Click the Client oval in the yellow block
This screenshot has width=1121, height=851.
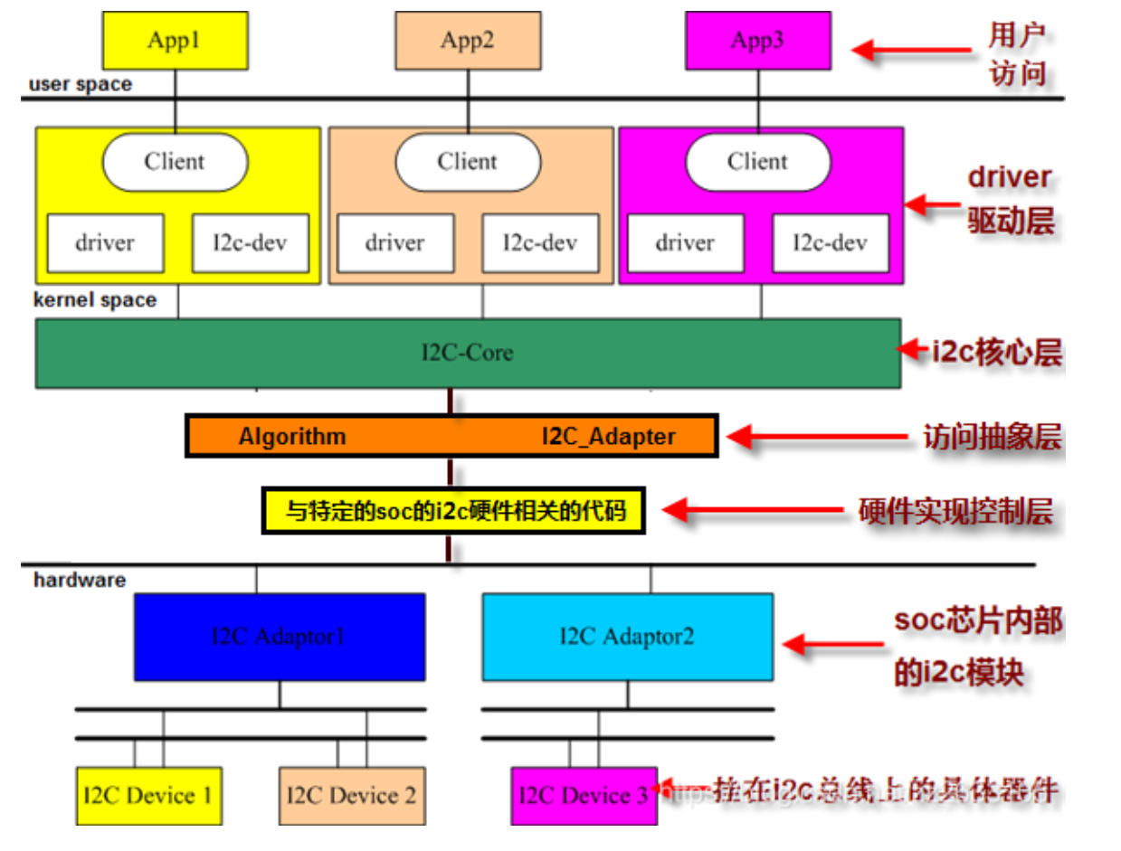175,162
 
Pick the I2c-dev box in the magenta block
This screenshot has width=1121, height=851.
830,243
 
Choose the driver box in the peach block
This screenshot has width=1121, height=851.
395,243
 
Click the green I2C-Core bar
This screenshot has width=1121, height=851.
467,353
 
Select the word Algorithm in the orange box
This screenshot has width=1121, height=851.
292,437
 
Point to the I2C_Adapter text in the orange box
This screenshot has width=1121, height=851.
609,437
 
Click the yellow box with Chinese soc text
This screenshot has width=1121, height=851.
455,512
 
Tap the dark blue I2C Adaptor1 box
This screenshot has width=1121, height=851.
280,637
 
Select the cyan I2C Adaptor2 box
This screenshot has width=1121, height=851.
627,637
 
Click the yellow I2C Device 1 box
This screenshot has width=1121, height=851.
148,796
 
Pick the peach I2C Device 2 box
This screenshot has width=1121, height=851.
352,796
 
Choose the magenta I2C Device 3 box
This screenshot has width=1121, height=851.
584,796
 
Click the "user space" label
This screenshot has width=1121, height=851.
81,85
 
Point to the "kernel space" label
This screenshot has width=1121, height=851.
95,300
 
